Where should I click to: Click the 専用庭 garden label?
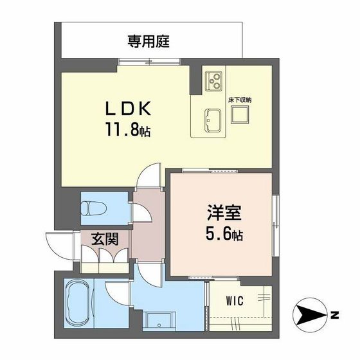[x=148, y=42]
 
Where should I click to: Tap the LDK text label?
[x=128, y=109]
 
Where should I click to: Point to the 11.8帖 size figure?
[x=128, y=130]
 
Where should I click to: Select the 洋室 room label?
[x=224, y=213]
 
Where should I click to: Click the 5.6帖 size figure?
[x=224, y=234]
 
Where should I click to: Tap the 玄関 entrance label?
[x=105, y=239]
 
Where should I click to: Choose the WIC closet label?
[x=235, y=301]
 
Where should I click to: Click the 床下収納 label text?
[x=240, y=100]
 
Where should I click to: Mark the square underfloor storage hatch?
[x=240, y=115]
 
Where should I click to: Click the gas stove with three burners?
[x=213, y=80]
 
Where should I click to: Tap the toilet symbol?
[x=94, y=208]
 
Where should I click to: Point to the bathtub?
[x=78, y=303]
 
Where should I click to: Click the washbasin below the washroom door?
[x=159, y=321]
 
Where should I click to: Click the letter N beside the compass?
[x=335, y=315]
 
